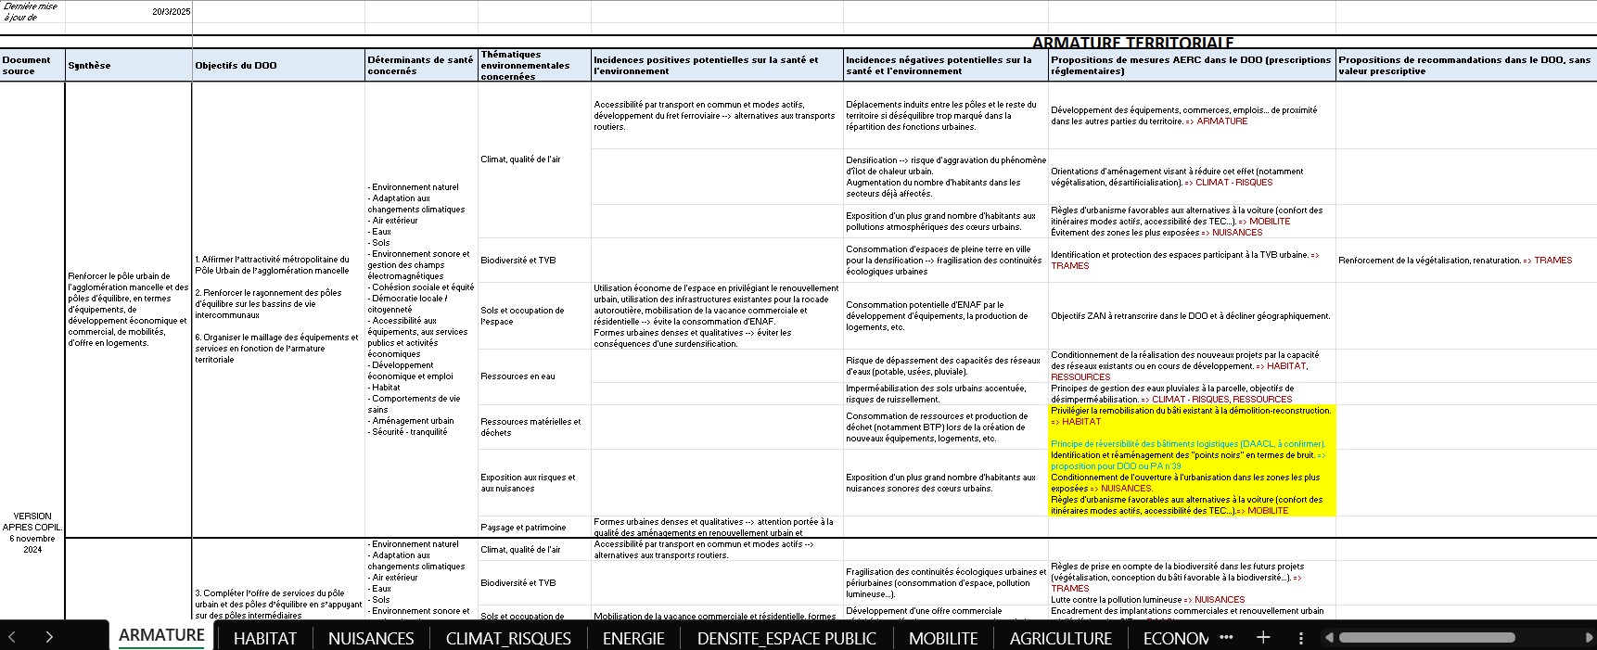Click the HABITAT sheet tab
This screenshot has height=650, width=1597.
tap(264, 638)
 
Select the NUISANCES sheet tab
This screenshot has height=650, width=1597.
tap(371, 638)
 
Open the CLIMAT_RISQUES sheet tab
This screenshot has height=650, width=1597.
tap(508, 638)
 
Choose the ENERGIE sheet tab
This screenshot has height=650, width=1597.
tap(633, 638)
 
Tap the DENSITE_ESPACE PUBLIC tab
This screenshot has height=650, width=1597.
tap(786, 638)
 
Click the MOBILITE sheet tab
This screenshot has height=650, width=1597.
tap(943, 638)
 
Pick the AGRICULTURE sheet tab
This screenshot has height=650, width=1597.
tap(1060, 638)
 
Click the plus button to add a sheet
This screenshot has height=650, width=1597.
tap(1263, 637)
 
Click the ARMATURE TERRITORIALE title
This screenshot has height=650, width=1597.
tap(1132, 43)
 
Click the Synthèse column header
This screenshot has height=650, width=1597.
tap(89, 66)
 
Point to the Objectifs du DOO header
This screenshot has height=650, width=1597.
tap(236, 66)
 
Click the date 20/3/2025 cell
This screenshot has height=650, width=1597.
tap(172, 12)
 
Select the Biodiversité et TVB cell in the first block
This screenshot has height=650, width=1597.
tap(518, 261)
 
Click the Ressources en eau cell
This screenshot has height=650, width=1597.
tap(518, 376)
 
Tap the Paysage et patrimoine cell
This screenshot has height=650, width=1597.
tap(523, 528)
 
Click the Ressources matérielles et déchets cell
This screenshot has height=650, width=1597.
tap(530, 427)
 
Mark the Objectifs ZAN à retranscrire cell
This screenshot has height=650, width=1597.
tap(1190, 316)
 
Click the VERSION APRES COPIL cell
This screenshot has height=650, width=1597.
tap(32, 532)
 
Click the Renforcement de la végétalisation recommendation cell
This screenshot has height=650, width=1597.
tap(1454, 261)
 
